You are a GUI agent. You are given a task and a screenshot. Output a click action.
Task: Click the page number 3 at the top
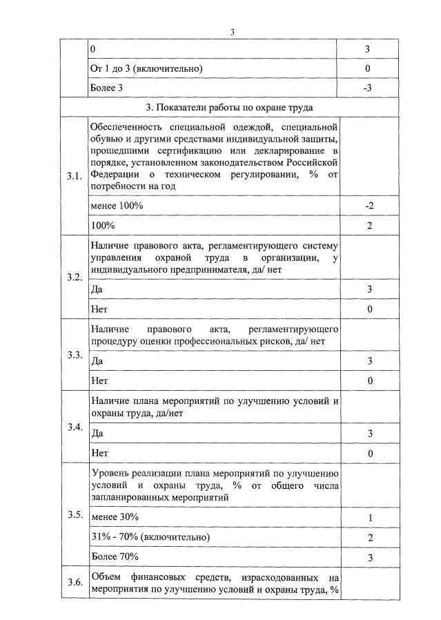tap(232, 32)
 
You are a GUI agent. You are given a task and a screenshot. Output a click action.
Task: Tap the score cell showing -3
tap(368, 88)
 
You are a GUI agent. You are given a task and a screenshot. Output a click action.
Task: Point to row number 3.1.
tap(74, 176)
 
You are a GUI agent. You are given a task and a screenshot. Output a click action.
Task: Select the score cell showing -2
tap(369, 206)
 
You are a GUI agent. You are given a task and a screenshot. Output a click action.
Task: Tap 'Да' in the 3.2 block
tap(97, 290)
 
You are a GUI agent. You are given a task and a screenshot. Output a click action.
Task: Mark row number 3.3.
tap(74, 355)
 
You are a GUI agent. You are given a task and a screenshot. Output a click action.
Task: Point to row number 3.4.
tap(74, 427)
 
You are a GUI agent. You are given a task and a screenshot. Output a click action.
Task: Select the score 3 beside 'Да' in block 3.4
tap(370, 434)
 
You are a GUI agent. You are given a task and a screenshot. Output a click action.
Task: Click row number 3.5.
tap(74, 515)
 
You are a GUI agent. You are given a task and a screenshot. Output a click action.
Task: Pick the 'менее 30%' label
tap(115, 517)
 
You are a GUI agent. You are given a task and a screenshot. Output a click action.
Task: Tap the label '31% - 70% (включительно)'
tap(150, 537)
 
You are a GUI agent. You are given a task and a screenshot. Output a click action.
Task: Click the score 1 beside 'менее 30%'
tap(370, 518)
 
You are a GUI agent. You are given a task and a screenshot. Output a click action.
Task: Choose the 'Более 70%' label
tap(115, 556)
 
